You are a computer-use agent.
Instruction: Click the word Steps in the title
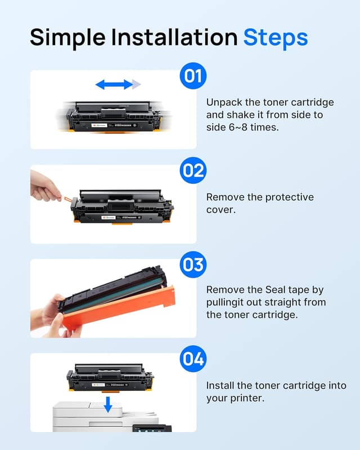click(275, 37)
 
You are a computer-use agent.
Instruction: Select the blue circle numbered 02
click(193, 170)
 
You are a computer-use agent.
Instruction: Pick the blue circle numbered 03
click(193, 264)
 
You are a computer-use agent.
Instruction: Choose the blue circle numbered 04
click(193, 358)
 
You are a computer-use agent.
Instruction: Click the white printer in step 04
click(101, 419)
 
